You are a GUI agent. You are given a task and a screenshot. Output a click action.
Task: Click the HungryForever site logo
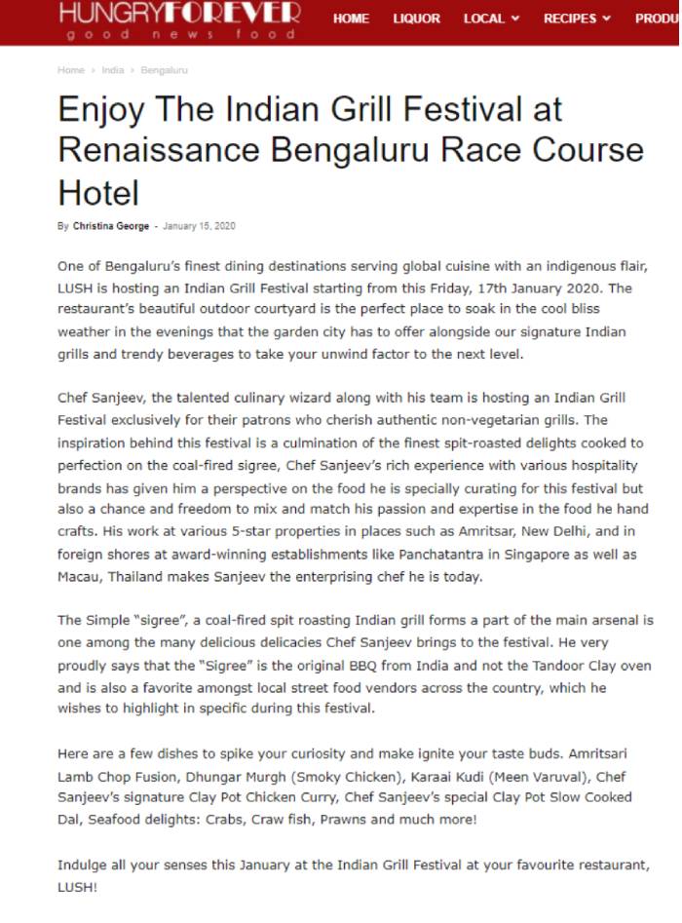click(x=179, y=20)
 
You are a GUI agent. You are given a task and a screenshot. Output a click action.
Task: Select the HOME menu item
click(x=351, y=19)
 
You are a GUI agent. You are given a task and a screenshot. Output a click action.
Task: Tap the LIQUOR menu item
click(x=416, y=19)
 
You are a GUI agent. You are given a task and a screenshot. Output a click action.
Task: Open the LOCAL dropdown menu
click(x=491, y=19)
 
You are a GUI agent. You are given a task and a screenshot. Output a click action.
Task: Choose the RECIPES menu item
click(x=577, y=19)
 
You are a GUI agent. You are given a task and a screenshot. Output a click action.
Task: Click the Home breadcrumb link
click(x=71, y=70)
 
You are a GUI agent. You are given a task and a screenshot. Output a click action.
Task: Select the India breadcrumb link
click(x=112, y=70)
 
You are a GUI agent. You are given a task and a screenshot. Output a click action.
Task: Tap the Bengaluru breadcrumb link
click(x=164, y=70)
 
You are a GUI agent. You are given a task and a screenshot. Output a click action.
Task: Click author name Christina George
click(x=111, y=226)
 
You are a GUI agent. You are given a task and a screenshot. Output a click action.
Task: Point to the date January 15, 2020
click(x=199, y=226)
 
